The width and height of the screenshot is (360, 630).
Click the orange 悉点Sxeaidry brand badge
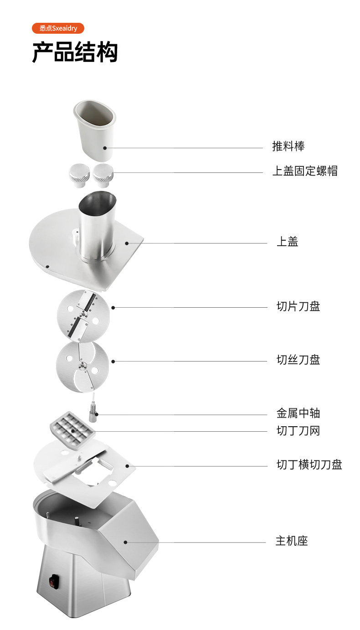[58, 28]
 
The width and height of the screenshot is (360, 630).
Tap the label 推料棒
[288, 146]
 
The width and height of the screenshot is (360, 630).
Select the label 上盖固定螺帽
[305, 171]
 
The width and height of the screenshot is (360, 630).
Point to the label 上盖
[287, 242]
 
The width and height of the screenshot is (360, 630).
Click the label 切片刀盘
[298, 306]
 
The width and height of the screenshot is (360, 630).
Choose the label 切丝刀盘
[298, 360]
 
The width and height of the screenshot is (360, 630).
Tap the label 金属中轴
[298, 413]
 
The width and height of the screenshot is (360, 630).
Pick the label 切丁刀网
[298, 430]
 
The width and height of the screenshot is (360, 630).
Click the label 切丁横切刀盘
[309, 465]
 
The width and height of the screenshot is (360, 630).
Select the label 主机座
[292, 541]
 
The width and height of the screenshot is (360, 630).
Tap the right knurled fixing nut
[103, 175]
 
